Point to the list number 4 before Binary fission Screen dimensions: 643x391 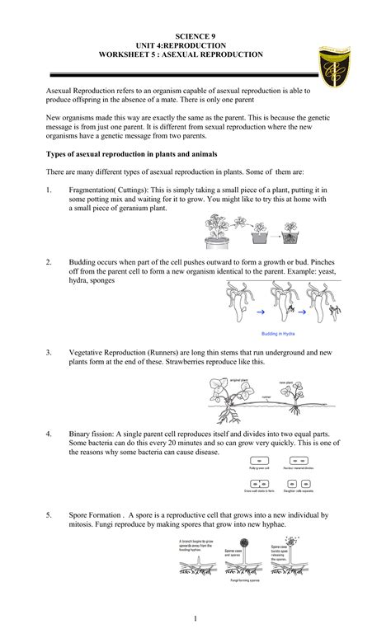pos(49,433)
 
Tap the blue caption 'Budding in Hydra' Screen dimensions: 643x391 pos(272,334)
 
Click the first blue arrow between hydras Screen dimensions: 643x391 pos(261,314)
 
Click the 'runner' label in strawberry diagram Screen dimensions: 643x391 pos(266,397)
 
